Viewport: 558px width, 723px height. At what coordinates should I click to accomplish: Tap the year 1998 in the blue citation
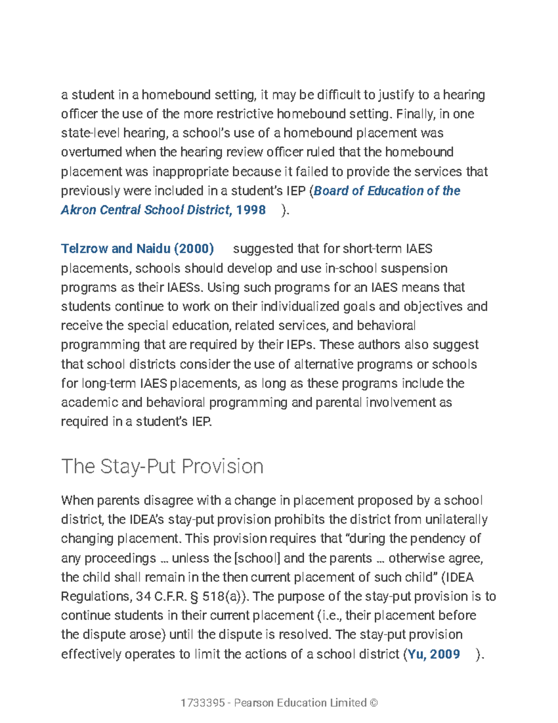251,210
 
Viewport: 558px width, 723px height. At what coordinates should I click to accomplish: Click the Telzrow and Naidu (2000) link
137,249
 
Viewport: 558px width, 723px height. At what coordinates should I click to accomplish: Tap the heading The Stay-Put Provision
162,466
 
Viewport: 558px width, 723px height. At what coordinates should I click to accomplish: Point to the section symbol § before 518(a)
194,596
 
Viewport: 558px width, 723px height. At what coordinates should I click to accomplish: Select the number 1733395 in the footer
203,703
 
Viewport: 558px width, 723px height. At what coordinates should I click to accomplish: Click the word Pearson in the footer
254,703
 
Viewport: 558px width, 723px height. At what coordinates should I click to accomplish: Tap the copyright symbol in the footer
373,703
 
